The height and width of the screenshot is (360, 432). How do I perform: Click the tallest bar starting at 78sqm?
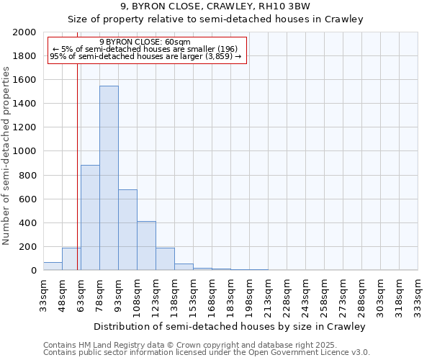(x=109, y=178)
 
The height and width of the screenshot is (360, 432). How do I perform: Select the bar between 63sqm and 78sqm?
(x=90, y=217)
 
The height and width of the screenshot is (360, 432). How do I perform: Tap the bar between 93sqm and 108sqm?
(x=127, y=230)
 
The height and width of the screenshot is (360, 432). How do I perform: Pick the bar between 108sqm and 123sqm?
(x=146, y=246)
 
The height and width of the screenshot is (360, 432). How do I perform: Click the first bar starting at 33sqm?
(x=53, y=266)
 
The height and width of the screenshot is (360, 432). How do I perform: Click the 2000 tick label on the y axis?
(x=24, y=32)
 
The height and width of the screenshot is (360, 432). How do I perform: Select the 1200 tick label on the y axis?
(x=24, y=127)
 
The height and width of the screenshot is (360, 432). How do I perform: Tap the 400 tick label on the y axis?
(x=27, y=222)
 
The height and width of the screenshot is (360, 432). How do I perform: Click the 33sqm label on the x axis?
(x=44, y=293)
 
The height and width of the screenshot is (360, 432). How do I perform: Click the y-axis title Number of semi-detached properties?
(x=7, y=156)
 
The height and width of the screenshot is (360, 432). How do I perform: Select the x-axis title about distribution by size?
(x=230, y=326)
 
